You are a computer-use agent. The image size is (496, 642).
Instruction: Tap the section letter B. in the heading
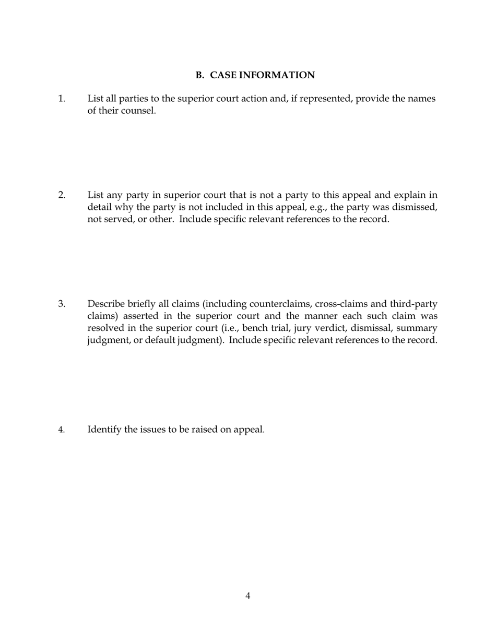pos(200,75)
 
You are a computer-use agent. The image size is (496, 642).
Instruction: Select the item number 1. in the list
pos(62,99)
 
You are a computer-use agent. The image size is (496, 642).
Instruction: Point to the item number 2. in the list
pos(62,195)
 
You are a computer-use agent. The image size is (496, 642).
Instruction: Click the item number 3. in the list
pos(62,304)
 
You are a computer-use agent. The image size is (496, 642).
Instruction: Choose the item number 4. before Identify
pos(62,430)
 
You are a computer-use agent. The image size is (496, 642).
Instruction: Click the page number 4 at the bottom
pos(247,596)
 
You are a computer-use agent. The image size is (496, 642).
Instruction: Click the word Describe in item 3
pos(106,304)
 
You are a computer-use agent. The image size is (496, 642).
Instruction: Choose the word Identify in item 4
pos(105,430)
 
